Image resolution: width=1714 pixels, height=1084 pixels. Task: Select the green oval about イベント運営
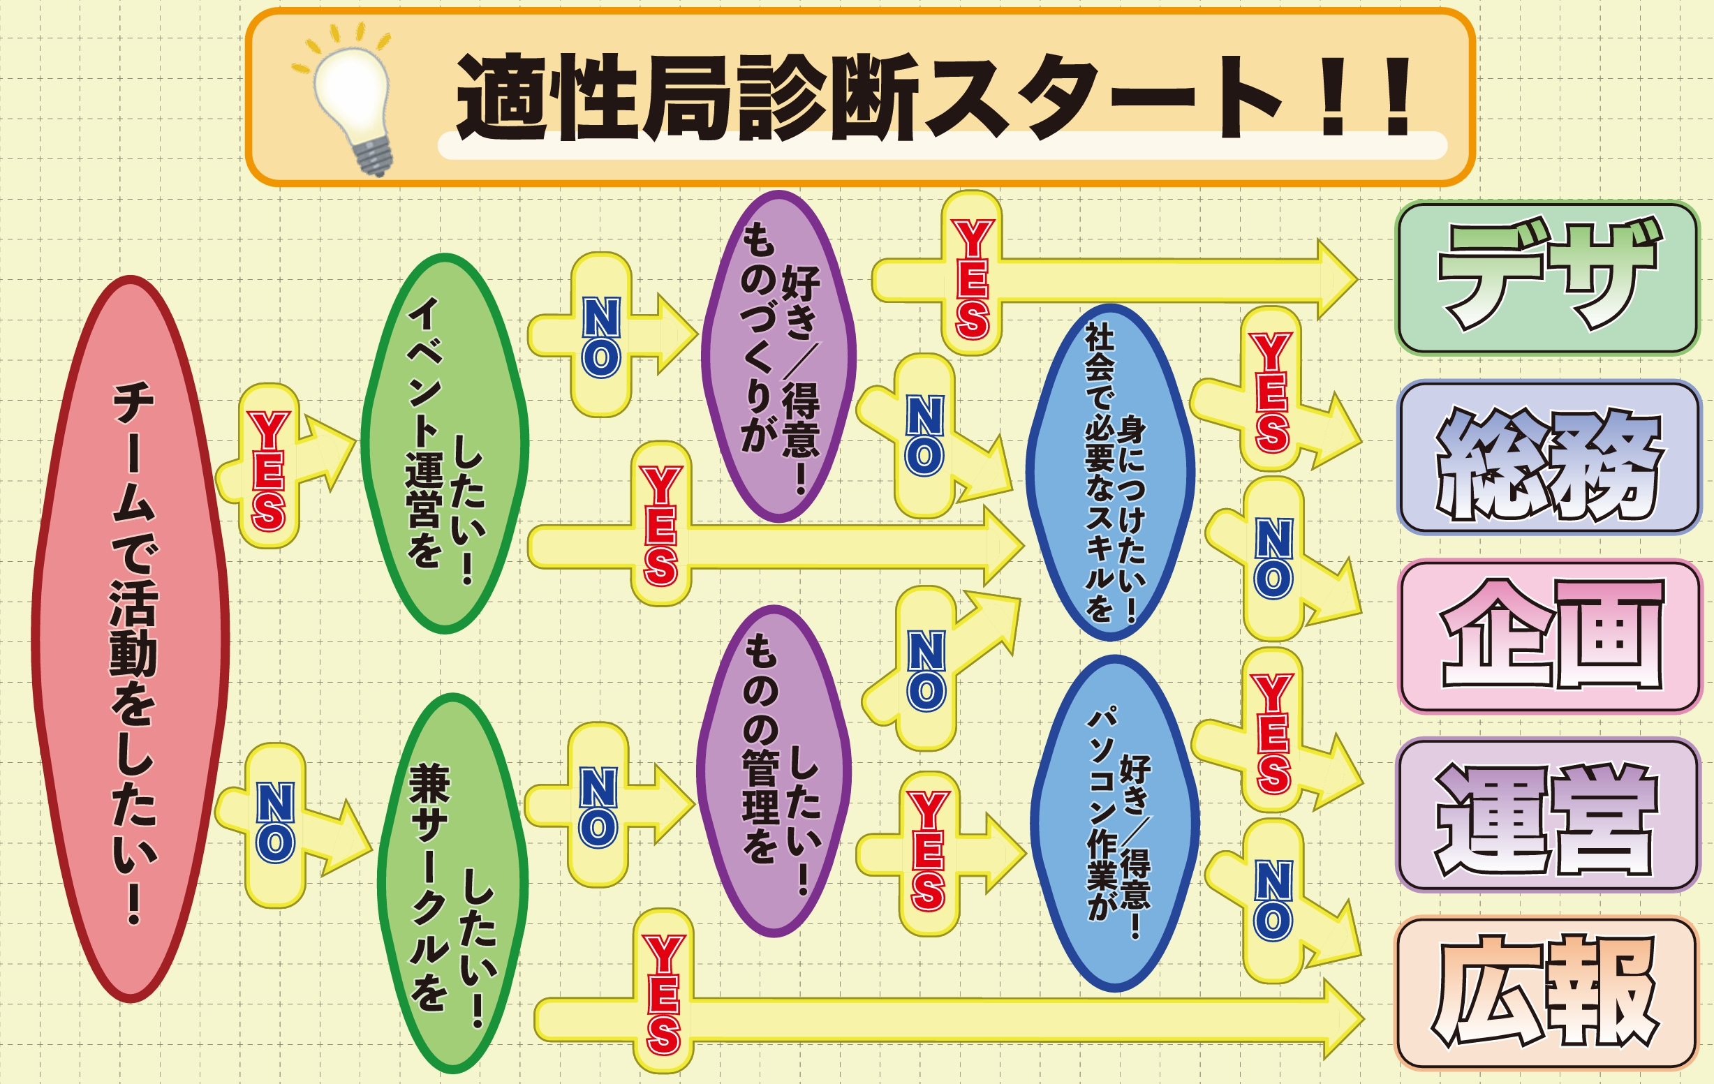(x=445, y=443)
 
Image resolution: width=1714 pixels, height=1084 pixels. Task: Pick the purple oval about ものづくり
(x=778, y=356)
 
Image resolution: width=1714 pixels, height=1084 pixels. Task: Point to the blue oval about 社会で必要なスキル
(x=1109, y=472)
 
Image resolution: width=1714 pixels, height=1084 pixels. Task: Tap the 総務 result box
(x=1548, y=458)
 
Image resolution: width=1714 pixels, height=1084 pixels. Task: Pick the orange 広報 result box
(x=1546, y=993)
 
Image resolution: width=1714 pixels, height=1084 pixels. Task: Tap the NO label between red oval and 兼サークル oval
(x=275, y=824)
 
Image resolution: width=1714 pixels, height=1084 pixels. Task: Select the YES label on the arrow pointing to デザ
(x=973, y=278)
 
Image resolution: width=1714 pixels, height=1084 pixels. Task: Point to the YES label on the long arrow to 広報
(x=663, y=995)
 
